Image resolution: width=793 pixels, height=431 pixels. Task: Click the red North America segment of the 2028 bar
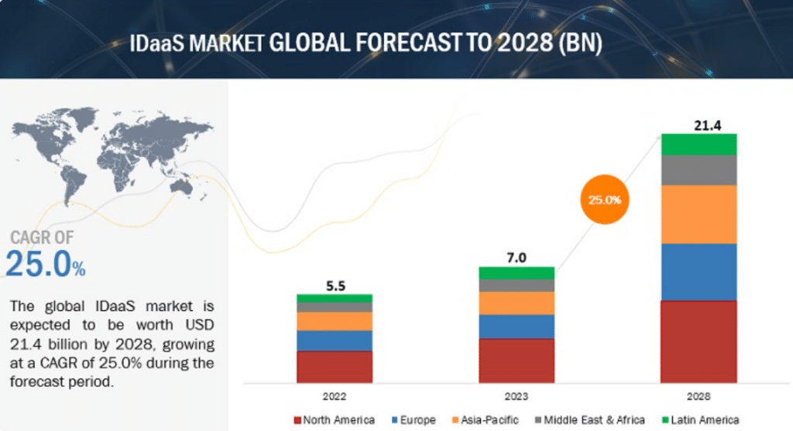(x=698, y=341)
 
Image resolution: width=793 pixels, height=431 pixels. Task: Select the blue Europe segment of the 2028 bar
(x=698, y=272)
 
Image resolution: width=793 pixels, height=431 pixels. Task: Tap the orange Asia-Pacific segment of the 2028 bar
(x=698, y=214)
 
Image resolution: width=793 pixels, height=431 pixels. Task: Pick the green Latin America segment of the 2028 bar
(x=698, y=144)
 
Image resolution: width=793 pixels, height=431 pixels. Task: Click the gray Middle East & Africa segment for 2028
(x=698, y=169)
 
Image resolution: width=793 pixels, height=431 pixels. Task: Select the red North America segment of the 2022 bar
(x=335, y=367)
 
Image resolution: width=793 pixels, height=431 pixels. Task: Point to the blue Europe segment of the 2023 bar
(x=517, y=327)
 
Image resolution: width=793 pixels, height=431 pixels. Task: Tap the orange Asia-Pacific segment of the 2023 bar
(x=517, y=303)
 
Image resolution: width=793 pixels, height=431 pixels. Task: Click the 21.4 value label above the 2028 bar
(x=698, y=124)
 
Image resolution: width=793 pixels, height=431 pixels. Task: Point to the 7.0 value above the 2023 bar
(x=517, y=258)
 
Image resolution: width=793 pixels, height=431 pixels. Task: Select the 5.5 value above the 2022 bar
(x=335, y=285)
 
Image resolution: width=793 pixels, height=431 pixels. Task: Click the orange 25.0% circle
(x=604, y=199)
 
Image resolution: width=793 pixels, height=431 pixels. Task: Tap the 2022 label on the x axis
(x=335, y=396)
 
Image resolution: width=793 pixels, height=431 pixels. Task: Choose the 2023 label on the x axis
(x=517, y=396)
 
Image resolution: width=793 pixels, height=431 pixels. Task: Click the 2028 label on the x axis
(x=698, y=396)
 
